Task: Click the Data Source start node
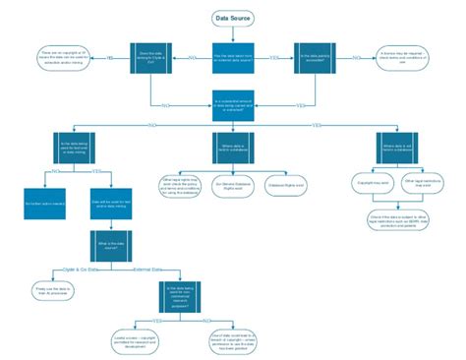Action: pyautogui.click(x=233, y=18)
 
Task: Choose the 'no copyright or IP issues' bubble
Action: pyautogui.click(x=66, y=57)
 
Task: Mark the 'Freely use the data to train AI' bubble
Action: pyautogui.click(x=56, y=290)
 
